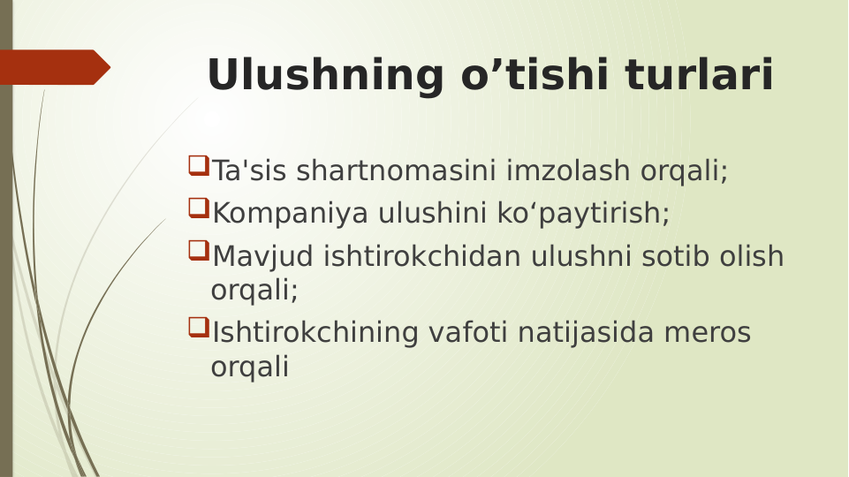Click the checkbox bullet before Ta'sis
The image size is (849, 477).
click(198, 165)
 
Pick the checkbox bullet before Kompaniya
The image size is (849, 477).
click(198, 208)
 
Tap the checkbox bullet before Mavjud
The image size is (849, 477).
click(198, 251)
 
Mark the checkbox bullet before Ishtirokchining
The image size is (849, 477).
click(198, 329)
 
